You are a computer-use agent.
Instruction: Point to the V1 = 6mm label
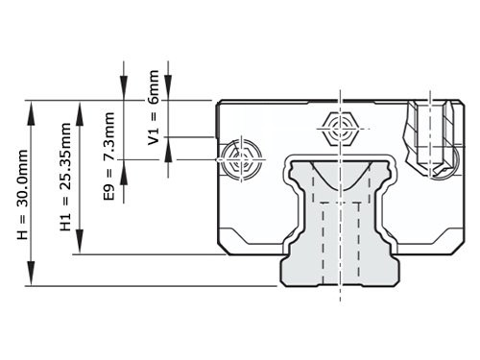(154, 107)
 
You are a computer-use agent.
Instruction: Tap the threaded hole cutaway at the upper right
(432, 138)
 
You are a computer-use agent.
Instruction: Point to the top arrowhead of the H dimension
(35, 108)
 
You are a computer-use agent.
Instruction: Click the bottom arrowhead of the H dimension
(35, 278)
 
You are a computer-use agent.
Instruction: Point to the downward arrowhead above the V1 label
(168, 92)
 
